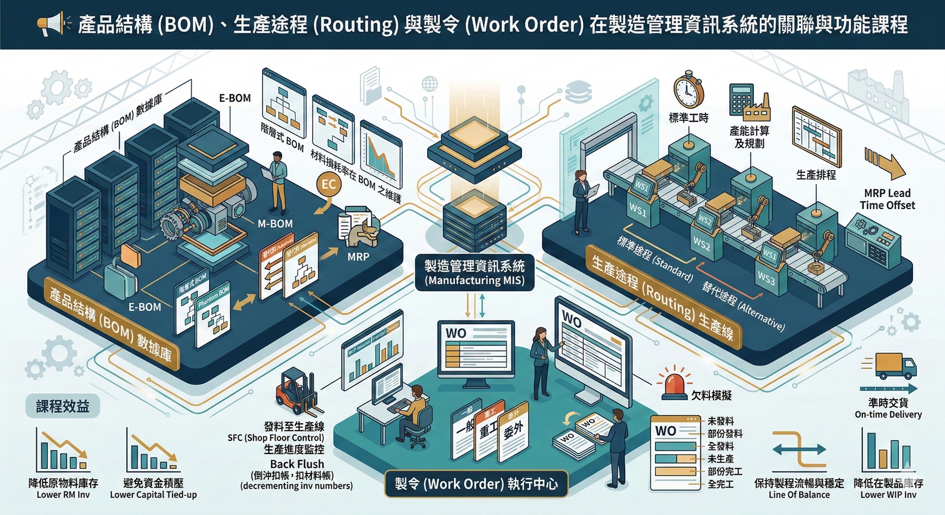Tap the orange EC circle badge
coord(328,184)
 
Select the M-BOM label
coord(275,224)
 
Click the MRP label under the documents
coord(358,257)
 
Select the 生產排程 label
coord(816,175)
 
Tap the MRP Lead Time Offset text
coord(887,199)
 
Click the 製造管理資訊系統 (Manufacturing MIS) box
coord(474,273)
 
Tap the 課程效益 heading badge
coord(63,406)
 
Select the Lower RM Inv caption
coord(63,495)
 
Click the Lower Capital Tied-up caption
coord(153,495)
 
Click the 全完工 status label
coord(721,484)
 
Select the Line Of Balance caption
coord(799,495)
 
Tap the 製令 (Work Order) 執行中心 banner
coord(476,484)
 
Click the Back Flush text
coord(297,464)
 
